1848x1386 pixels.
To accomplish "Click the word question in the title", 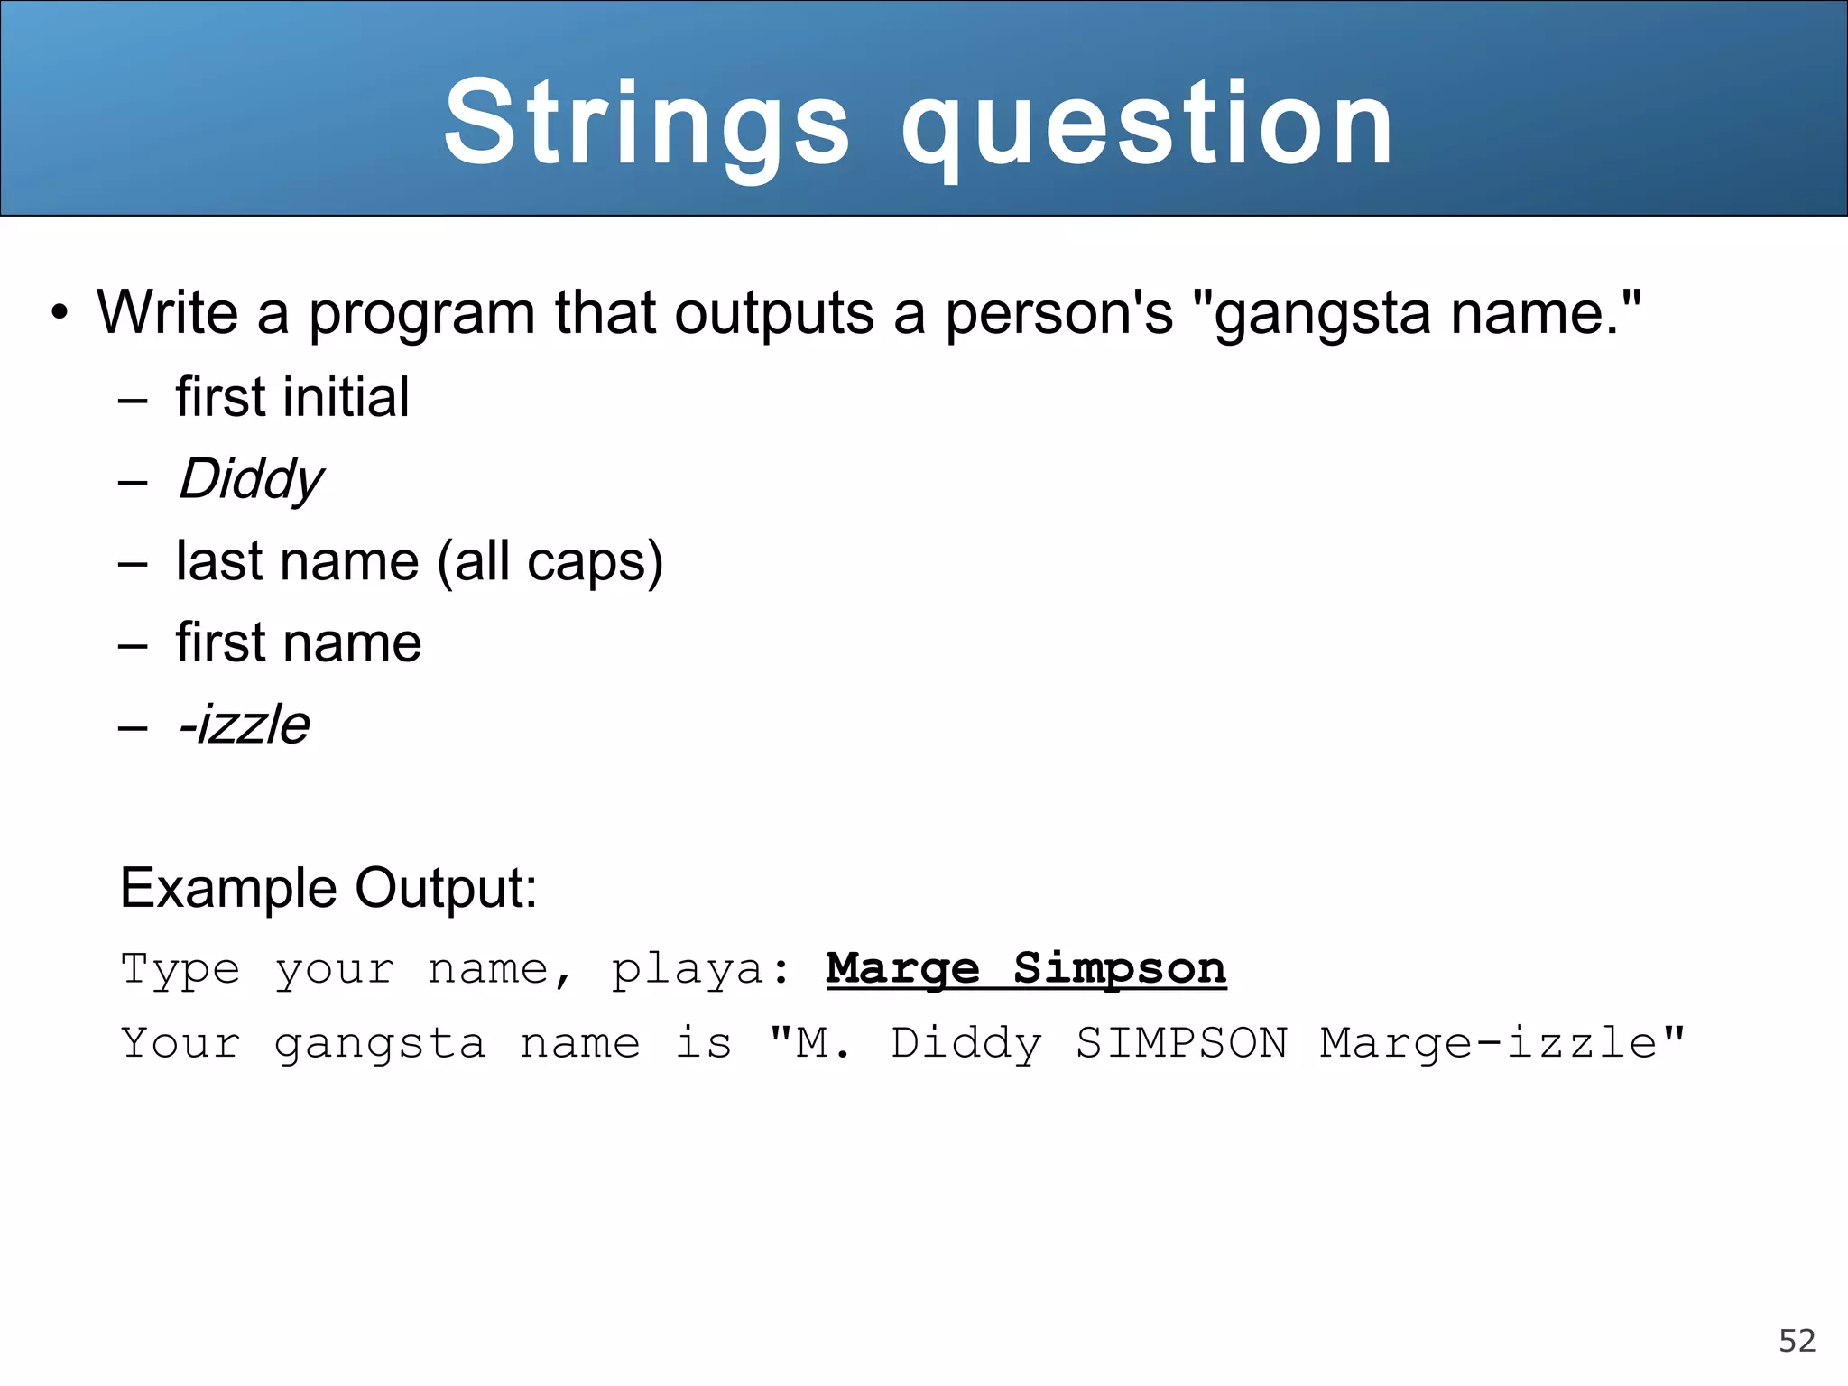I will click(x=1148, y=126).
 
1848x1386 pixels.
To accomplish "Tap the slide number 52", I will click(x=1797, y=1341).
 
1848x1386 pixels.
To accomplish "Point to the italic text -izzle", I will click(x=244, y=725).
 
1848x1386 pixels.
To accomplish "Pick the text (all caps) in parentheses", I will click(x=550, y=561).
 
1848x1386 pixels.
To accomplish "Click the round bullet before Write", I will click(x=60, y=313).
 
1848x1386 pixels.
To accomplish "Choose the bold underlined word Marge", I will click(x=902, y=969).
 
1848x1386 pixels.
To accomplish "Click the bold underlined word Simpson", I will click(x=1120, y=969).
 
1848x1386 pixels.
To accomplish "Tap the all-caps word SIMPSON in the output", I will click(x=1181, y=1044).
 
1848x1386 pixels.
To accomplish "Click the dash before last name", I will click(x=133, y=564).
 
